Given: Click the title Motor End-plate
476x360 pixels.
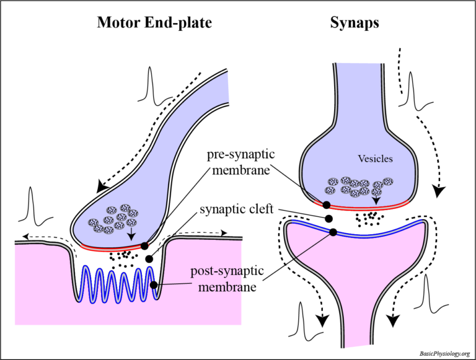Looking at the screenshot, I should [x=154, y=23].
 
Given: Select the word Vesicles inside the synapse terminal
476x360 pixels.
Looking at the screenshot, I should [x=376, y=159].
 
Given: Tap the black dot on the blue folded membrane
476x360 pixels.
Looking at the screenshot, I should [x=153, y=285].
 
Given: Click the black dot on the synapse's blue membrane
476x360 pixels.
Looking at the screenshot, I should [x=333, y=232].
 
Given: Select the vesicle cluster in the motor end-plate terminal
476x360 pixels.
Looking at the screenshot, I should [x=110, y=218].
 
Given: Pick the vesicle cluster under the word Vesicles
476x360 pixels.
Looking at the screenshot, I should [x=358, y=187].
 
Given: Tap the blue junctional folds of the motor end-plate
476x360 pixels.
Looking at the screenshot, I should [x=115, y=286].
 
